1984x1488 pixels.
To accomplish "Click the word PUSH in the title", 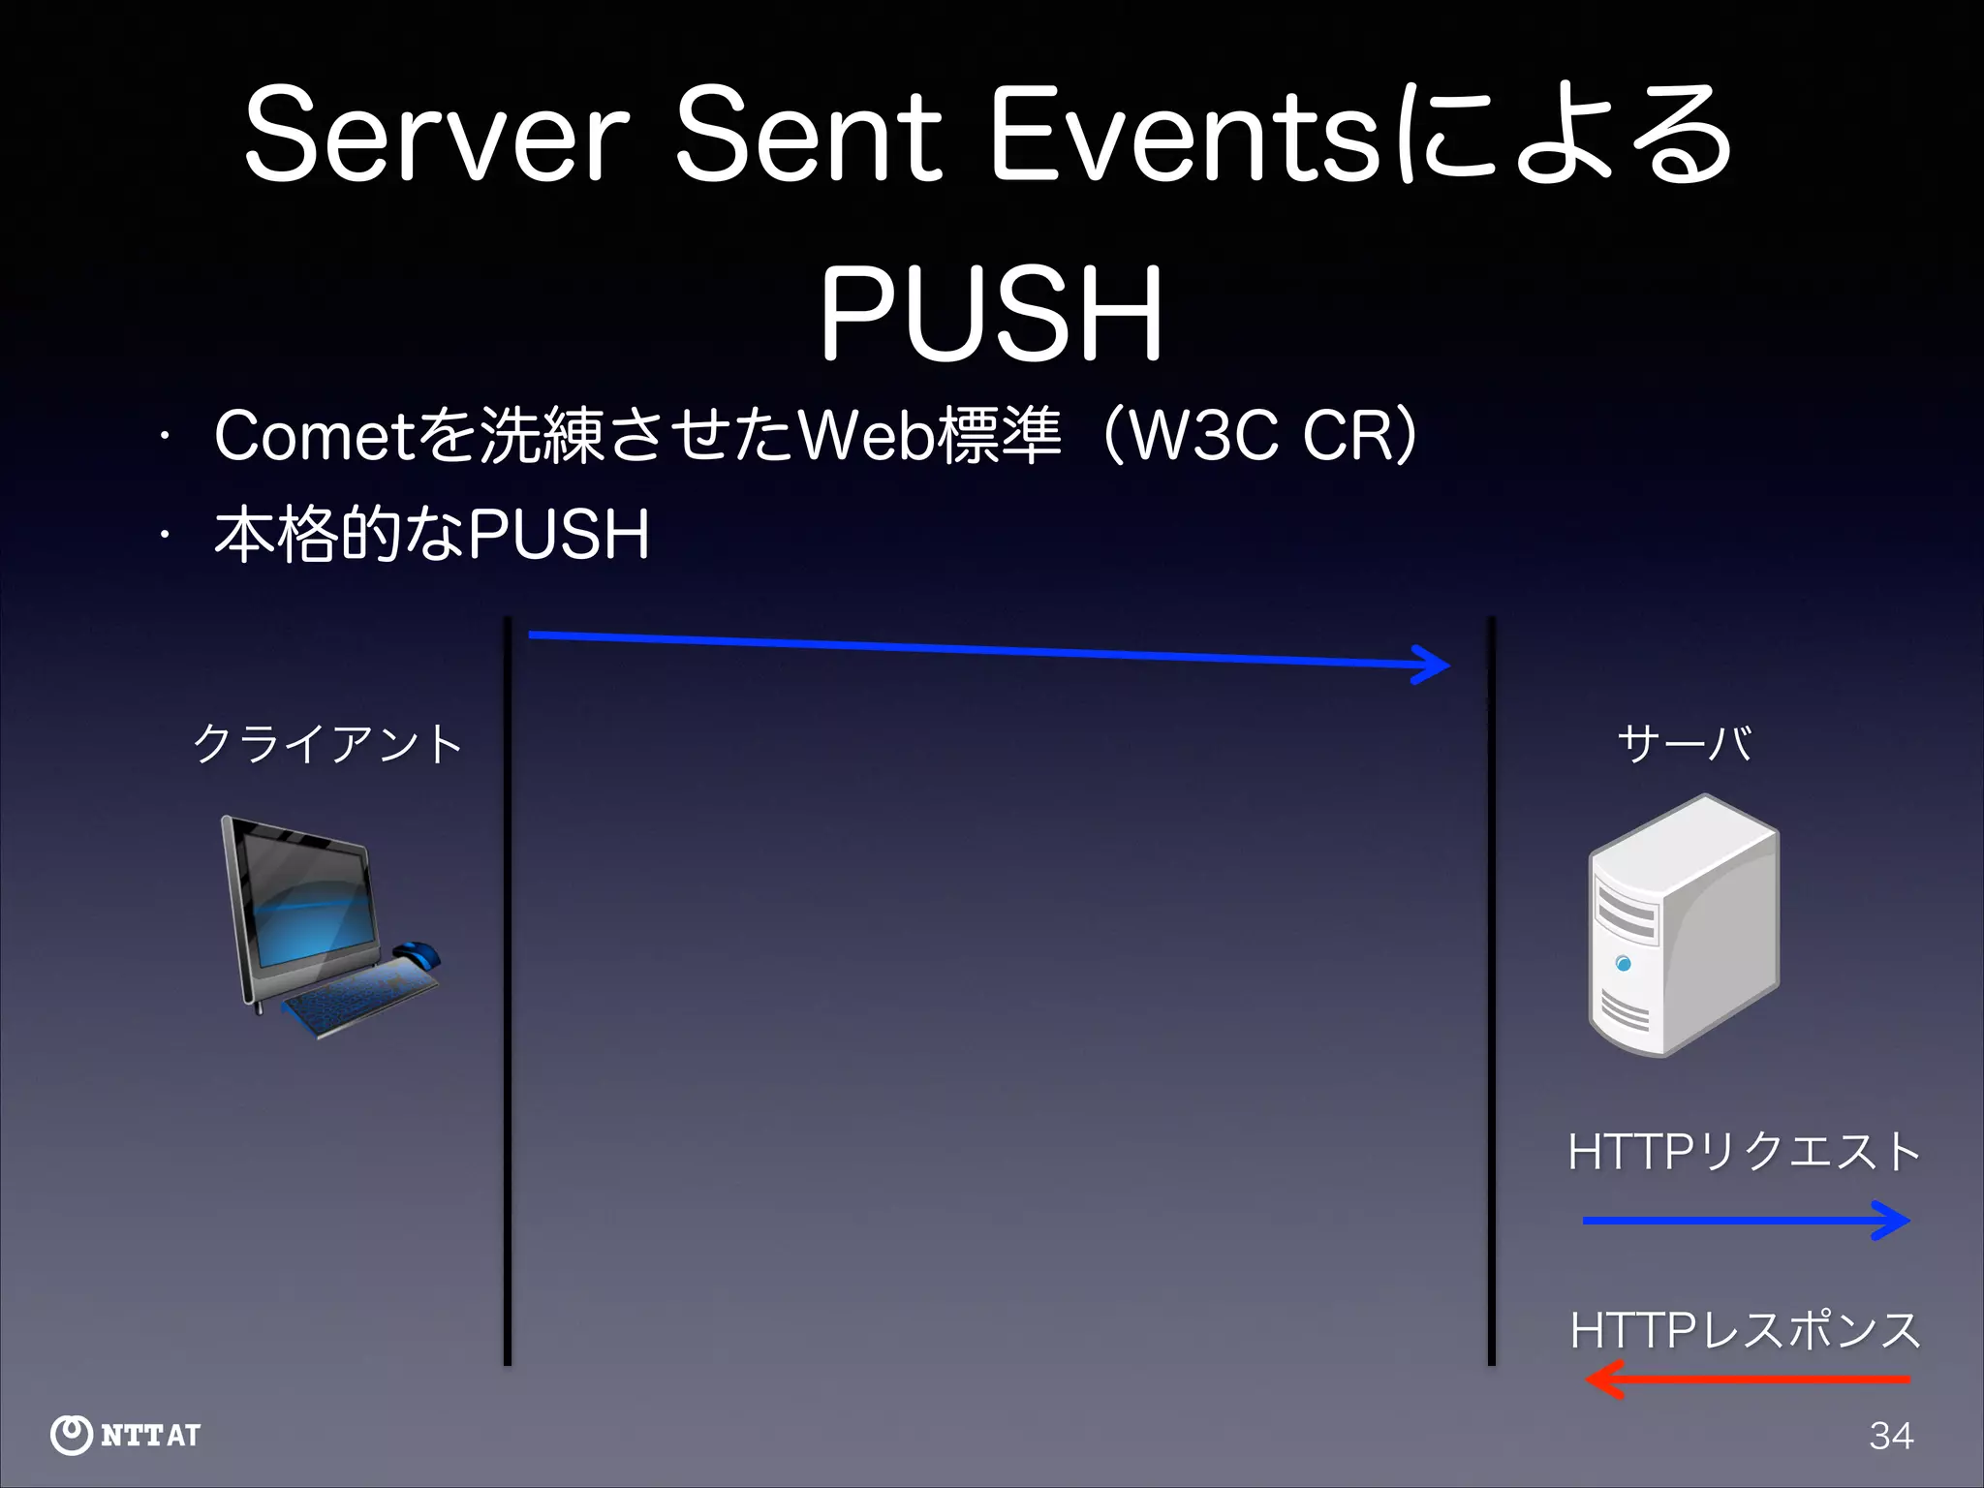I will [x=991, y=315].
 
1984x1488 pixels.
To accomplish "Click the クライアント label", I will [x=327, y=744].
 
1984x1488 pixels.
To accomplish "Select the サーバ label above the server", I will [x=1684, y=744].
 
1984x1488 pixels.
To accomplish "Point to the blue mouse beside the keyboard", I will [x=418, y=954].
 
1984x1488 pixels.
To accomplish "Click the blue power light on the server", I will [x=1624, y=963].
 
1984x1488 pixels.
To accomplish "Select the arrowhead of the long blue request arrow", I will [x=1432, y=665].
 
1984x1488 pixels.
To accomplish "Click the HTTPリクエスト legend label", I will [x=1744, y=1152].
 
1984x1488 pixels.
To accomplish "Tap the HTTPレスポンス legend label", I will [x=1744, y=1329].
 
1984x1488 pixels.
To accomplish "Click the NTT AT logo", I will [x=126, y=1435].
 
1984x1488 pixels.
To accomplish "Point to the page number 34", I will [x=1891, y=1436].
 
